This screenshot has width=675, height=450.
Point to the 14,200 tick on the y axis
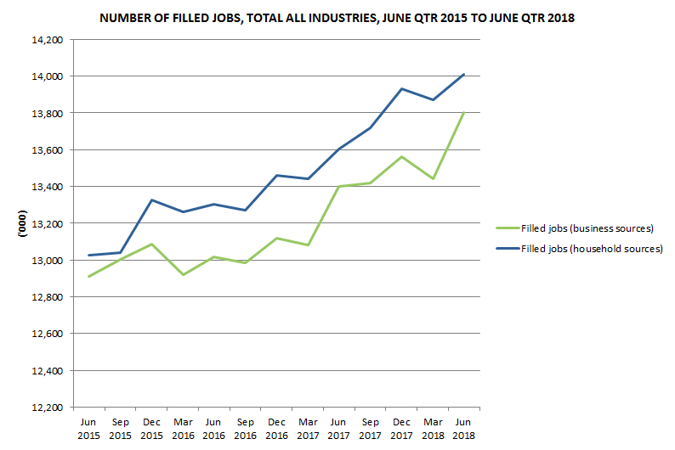point(48,39)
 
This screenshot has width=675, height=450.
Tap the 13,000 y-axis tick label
point(48,260)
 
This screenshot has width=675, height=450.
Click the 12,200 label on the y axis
point(48,408)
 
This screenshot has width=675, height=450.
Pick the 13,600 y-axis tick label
point(48,149)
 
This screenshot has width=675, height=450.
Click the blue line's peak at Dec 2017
point(401,88)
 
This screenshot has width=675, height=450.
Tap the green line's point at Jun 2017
point(338,186)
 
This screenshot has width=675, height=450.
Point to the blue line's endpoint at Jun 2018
point(463,74)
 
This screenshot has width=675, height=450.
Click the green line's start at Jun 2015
point(88,276)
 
